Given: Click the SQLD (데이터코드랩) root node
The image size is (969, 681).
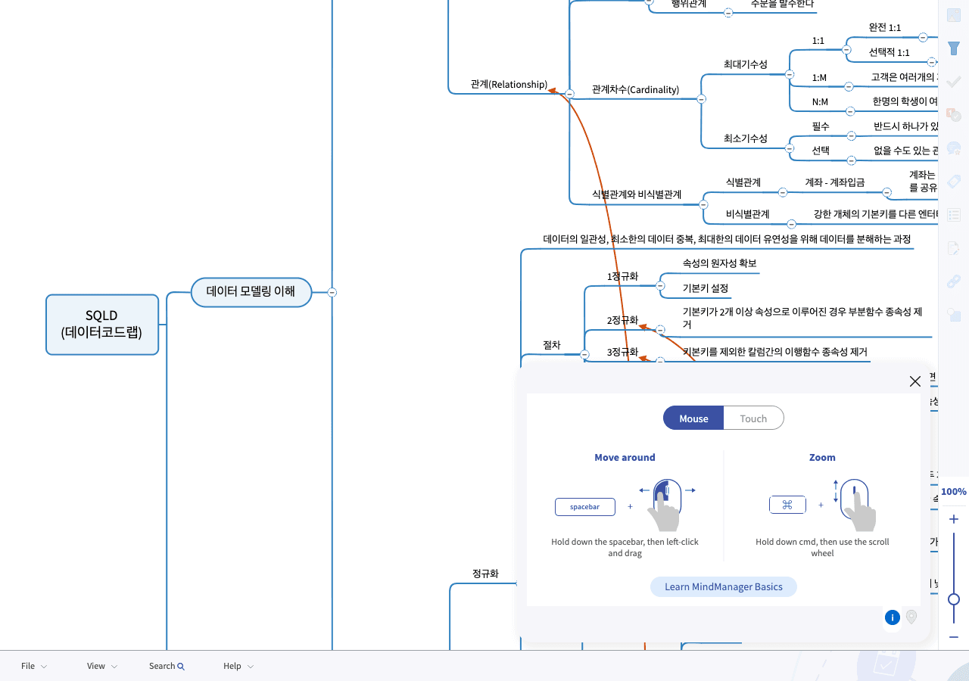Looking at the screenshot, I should (102, 324).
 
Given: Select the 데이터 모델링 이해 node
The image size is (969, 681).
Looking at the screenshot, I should (251, 291).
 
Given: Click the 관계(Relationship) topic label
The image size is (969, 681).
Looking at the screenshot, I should (508, 84).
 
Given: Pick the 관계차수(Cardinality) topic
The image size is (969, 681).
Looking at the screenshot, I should (635, 89).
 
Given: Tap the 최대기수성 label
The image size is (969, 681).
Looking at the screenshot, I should (745, 64).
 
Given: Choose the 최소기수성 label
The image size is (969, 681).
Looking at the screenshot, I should (745, 138).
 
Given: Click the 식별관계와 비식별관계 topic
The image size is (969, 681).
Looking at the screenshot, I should (636, 194).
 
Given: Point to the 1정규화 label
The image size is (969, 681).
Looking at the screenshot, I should (622, 276).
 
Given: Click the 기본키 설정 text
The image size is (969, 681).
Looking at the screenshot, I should (705, 288).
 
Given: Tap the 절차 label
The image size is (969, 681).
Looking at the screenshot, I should (551, 345).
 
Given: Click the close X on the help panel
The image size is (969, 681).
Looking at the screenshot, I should (914, 381).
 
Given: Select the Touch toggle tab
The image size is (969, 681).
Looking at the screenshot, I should (753, 418).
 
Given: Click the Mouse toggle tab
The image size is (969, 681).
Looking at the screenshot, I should (693, 418).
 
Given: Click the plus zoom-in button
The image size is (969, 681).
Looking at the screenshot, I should (954, 519).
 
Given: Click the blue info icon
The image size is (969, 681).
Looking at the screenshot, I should (893, 617).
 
